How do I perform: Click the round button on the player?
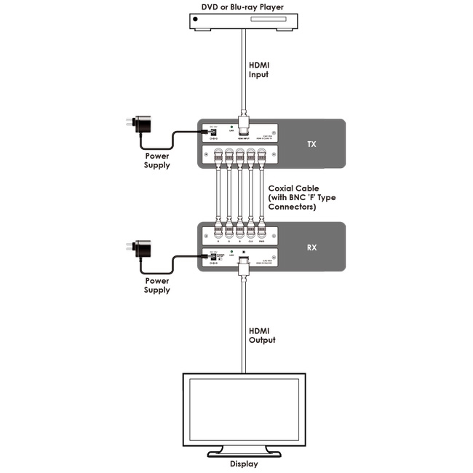[x=194, y=27]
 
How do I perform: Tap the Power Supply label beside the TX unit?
[x=156, y=160]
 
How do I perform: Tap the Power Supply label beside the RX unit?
[x=156, y=285]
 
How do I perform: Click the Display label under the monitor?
[x=243, y=464]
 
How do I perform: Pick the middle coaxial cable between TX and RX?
[x=239, y=196]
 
